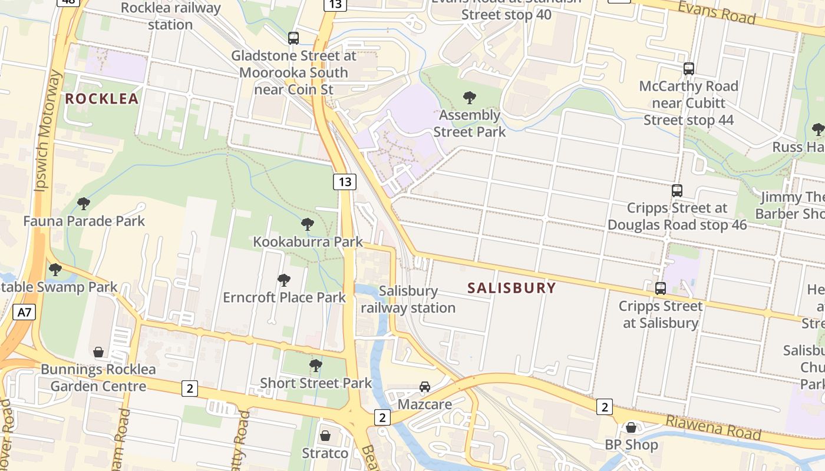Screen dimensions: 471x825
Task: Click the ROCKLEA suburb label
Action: [x=101, y=99]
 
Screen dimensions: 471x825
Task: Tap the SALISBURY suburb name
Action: [x=511, y=288]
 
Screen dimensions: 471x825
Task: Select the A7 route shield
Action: [x=24, y=312]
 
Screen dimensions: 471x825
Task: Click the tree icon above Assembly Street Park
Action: [x=470, y=97]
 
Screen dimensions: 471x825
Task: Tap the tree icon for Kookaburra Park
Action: [x=307, y=224]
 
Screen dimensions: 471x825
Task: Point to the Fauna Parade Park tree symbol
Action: [x=84, y=204]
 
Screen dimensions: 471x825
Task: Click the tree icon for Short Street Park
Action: [x=316, y=365]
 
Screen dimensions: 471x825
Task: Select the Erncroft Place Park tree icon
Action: [x=284, y=280]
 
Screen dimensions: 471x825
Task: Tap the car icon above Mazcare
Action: [x=424, y=387]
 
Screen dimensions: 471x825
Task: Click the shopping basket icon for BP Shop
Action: [x=631, y=427]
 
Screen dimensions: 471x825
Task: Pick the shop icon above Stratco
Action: [x=325, y=436]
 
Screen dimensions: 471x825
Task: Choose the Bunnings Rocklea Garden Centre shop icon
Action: [x=98, y=352]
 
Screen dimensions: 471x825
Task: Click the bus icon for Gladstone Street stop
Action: [x=293, y=38]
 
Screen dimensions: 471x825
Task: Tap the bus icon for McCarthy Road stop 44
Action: [x=688, y=68]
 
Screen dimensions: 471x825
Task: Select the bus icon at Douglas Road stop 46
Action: [x=677, y=190]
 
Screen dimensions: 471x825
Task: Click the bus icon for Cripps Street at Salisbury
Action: [x=661, y=288]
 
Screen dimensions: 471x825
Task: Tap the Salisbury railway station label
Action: [x=408, y=299]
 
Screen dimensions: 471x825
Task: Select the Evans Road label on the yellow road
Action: [x=717, y=12]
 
